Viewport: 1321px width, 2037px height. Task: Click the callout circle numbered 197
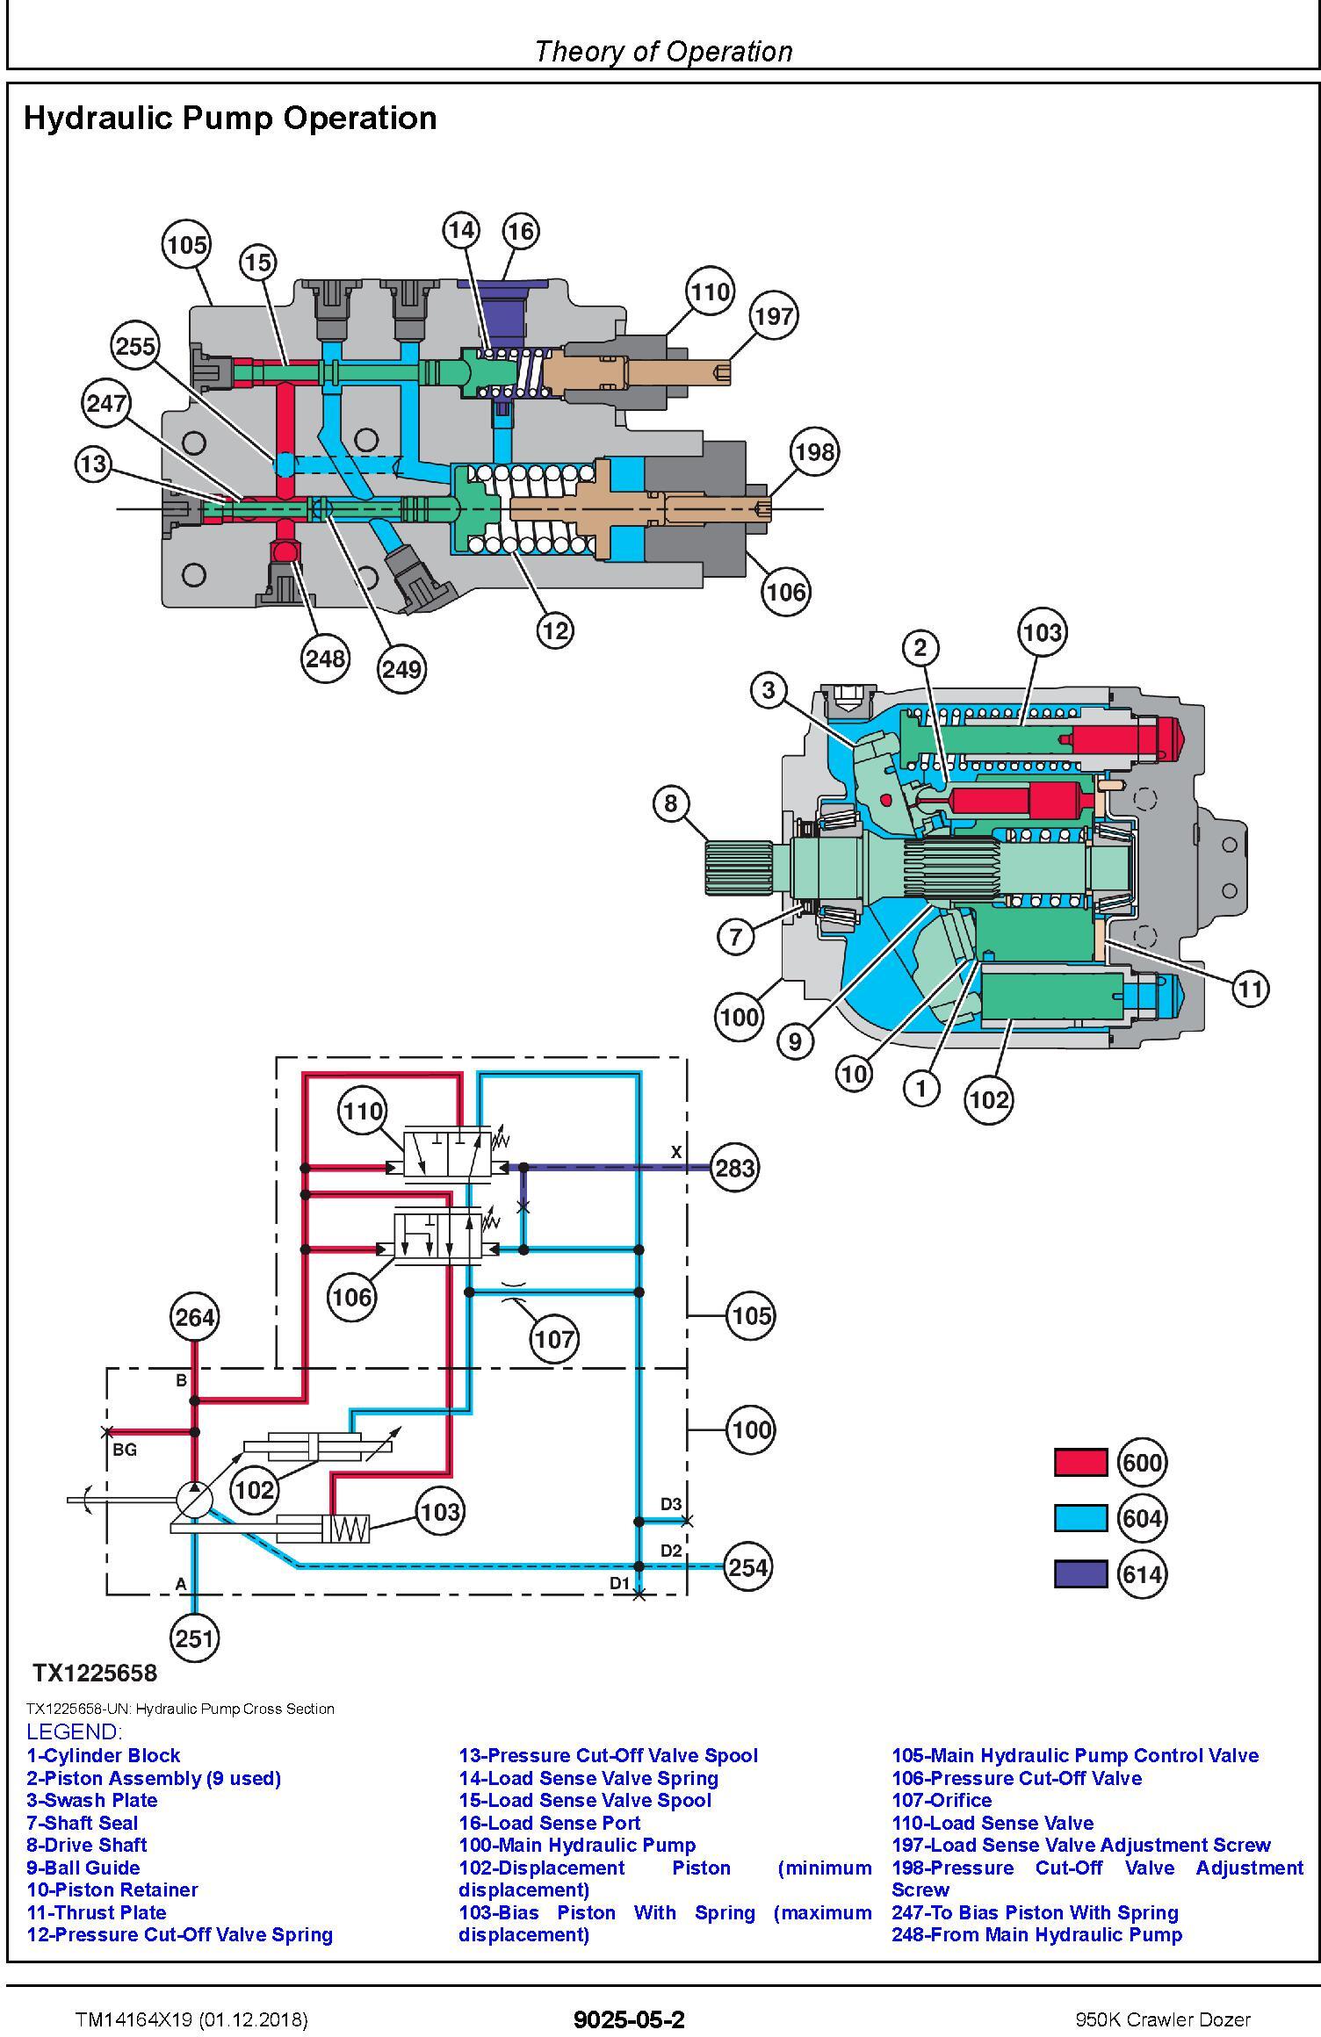[x=773, y=316]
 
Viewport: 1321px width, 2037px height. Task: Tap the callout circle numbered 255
[x=135, y=346]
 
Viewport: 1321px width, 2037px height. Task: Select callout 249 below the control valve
[x=401, y=669]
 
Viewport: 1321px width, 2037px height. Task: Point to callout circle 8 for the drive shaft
[x=671, y=803]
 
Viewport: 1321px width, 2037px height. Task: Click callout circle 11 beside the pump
[x=1250, y=990]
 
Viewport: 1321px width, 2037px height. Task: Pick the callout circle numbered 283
[x=734, y=1168]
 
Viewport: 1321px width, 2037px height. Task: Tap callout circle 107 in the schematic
[x=554, y=1339]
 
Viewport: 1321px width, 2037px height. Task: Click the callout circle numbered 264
[x=195, y=1317]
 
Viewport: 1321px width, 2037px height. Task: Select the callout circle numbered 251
[x=195, y=1638]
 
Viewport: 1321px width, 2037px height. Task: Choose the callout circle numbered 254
[x=747, y=1567]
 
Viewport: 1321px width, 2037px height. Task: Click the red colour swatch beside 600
[x=1080, y=1462]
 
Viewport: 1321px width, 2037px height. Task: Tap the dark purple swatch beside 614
[x=1080, y=1574]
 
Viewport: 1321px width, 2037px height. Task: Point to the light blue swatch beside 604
[x=1080, y=1518]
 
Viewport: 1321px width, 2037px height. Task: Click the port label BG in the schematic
[x=125, y=1450]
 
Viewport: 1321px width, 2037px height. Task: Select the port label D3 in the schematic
[x=671, y=1504]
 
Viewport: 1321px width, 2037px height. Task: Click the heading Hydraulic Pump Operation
[x=230, y=118]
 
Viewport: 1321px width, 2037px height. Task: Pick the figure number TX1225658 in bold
[x=95, y=1673]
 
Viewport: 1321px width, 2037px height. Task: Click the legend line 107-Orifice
[x=942, y=1800]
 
